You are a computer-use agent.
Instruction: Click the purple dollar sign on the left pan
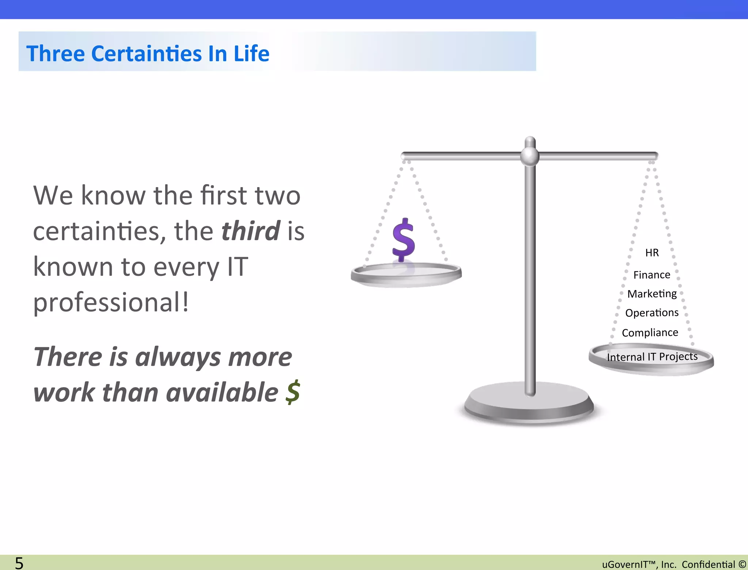click(403, 240)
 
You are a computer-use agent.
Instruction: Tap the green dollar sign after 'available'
click(293, 392)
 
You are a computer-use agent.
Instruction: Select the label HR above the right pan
click(652, 253)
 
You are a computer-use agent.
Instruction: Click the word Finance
click(652, 275)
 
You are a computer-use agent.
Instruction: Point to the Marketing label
click(652, 294)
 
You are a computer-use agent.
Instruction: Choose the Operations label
click(652, 313)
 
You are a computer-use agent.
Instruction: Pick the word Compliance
click(650, 332)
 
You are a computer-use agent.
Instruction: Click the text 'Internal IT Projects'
click(652, 357)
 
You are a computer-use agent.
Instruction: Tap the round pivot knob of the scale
click(530, 156)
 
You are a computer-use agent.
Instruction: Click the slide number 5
click(19, 563)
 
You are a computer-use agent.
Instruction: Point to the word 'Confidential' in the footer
click(708, 565)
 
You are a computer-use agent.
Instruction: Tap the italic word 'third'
click(251, 231)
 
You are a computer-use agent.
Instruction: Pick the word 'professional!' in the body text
click(111, 303)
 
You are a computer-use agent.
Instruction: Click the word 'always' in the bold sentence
click(178, 357)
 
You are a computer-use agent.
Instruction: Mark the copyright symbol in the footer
click(742, 565)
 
